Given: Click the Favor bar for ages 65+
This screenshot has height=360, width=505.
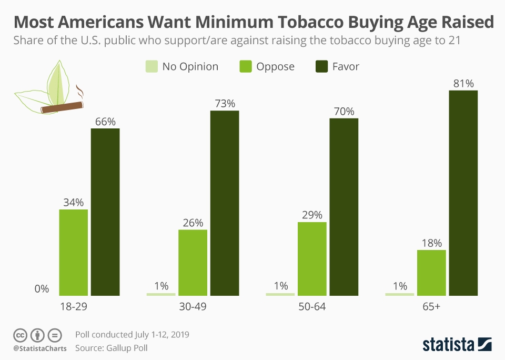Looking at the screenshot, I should coord(463,193).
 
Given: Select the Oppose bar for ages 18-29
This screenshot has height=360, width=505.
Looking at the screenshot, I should coord(73,253).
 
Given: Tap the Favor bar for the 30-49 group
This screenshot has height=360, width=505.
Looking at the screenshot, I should coord(225,203).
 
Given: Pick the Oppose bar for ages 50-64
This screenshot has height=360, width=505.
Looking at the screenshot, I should coord(312,258).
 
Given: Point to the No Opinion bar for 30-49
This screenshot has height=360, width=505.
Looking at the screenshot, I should coord(161,294).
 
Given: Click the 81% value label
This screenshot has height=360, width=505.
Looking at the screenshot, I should coord(463,83).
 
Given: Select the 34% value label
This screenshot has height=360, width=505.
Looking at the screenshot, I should coord(73,202).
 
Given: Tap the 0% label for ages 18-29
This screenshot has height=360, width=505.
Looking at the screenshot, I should coord(42,288).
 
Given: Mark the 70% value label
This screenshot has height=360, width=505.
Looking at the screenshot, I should coord(344,111).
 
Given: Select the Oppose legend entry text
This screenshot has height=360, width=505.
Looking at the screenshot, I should coord(275,66).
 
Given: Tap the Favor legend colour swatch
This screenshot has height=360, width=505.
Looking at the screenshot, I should coord(321,66).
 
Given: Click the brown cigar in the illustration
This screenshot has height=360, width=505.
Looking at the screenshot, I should coord(62,107).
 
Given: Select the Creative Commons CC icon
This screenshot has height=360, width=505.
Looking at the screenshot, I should coord(21,335).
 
